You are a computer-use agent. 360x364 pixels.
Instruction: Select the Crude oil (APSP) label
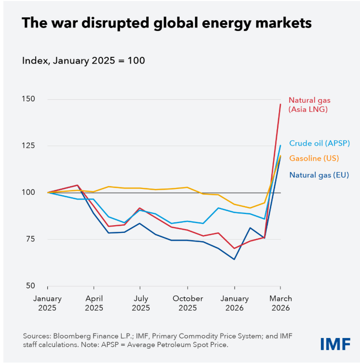coord(319,143)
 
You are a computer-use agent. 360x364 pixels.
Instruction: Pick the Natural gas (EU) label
coord(318,175)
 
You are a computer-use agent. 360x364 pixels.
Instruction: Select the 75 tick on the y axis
coord(31,239)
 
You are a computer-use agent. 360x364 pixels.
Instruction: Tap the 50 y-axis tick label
coord(31,285)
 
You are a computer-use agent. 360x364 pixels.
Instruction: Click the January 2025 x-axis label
coord(48,303)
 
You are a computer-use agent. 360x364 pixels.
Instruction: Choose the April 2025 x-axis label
coord(94,303)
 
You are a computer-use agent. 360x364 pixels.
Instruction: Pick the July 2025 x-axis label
coord(141,303)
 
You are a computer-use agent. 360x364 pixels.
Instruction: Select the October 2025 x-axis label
coord(187,303)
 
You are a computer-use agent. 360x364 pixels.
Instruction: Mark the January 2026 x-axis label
coord(234,303)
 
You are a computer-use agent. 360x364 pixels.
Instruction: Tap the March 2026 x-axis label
coord(280,303)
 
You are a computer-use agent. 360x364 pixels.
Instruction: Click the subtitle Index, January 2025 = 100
coord(83,61)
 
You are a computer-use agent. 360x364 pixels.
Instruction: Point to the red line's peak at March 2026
coord(280,104)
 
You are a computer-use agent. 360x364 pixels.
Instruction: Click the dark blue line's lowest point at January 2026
coord(234,259)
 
